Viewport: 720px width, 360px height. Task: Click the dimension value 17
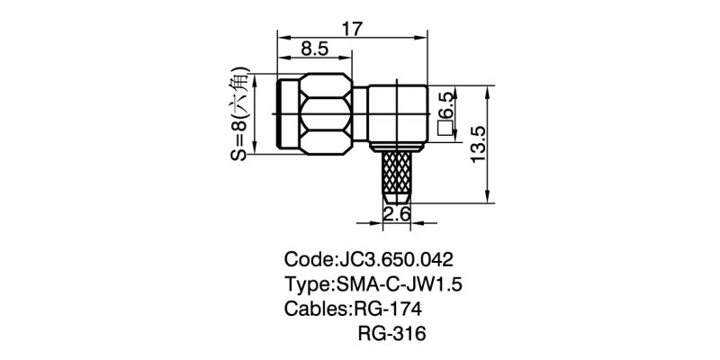pyautogui.click(x=352, y=27)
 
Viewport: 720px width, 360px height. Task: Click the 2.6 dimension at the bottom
pyautogui.click(x=397, y=213)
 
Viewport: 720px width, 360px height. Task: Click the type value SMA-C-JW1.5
pyautogui.click(x=403, y=285)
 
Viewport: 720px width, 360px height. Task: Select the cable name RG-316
pyautogui.click(x=390, y=334)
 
